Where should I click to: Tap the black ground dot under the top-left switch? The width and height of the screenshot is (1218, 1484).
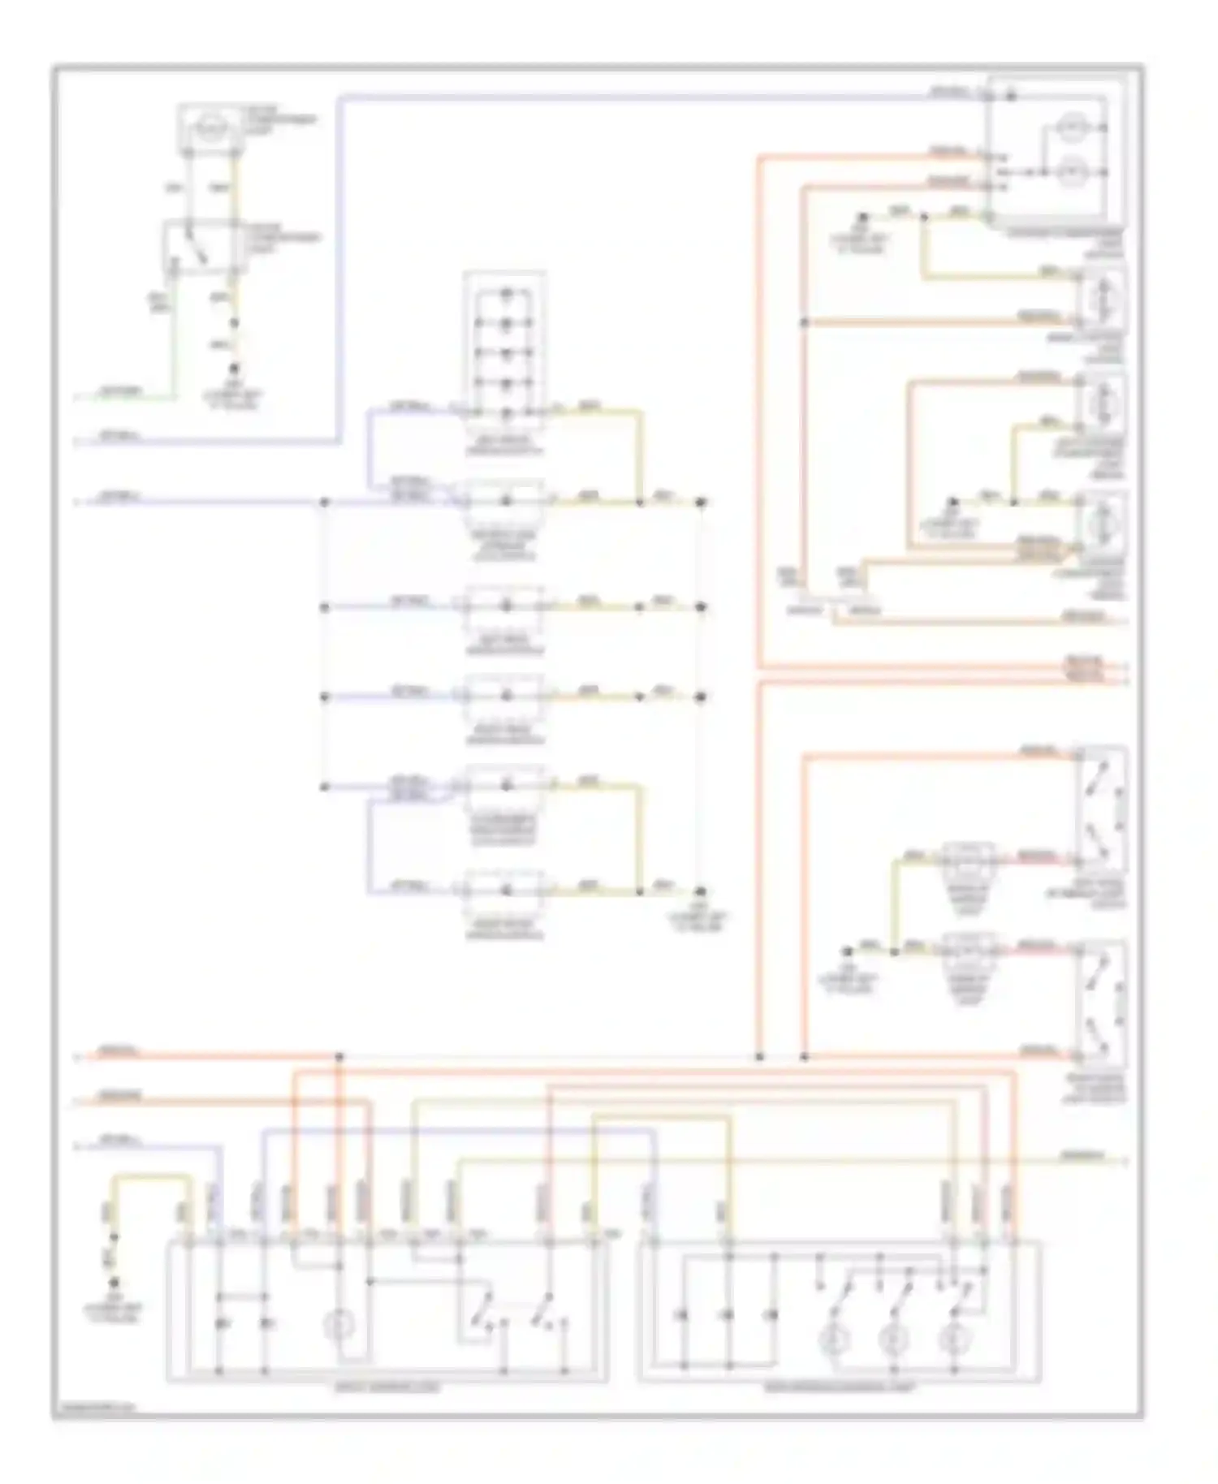coord(235,368)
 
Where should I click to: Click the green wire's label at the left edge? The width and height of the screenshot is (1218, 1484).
coord(120,393)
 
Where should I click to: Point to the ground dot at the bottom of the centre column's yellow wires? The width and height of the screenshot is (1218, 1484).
coord(699,891)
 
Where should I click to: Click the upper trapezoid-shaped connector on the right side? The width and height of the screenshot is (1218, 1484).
coord(968,869)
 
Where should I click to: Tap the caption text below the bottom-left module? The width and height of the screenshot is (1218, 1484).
coord(387,1388)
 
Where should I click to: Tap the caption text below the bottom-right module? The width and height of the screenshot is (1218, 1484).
coord(840,1388)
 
